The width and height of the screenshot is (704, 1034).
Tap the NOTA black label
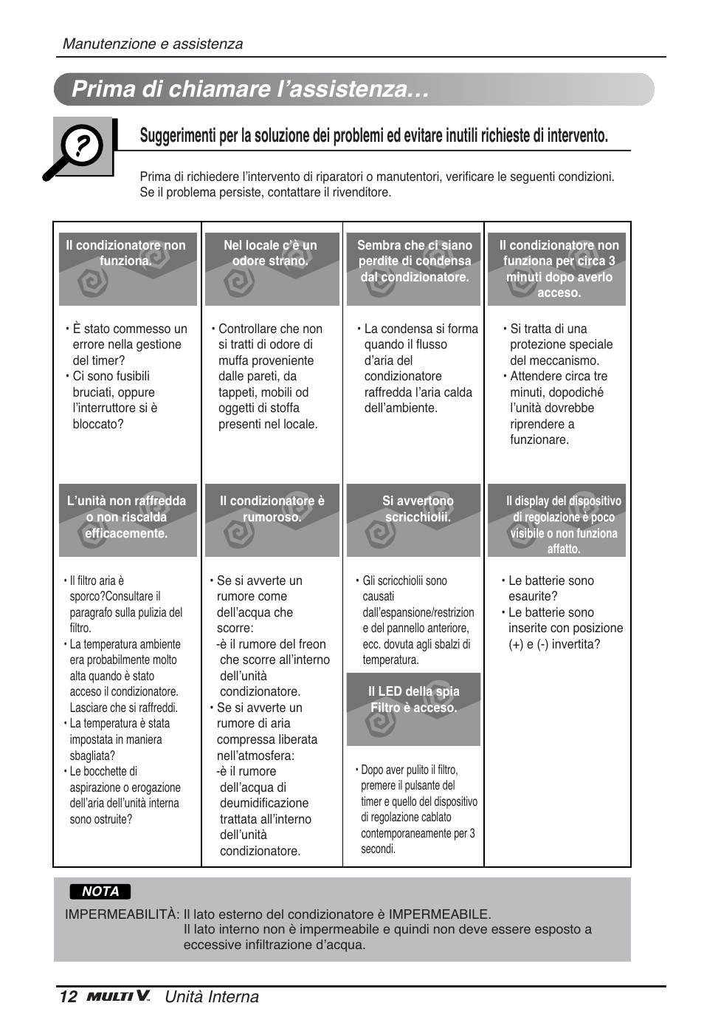[x=100, y=891]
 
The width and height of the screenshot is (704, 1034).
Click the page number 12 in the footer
[x=68, y=997]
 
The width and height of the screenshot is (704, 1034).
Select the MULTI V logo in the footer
[x=118, y=997]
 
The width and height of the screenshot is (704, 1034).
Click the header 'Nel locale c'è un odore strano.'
[x=270, y=253]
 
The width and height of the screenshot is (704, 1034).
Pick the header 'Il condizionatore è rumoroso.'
[x=272, y=509]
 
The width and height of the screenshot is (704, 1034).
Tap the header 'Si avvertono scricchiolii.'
[x=418, y=509]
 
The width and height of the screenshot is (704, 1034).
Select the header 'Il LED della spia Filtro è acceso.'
[x=413, y=699]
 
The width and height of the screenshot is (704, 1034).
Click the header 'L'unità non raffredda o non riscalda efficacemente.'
[x=126, y=517]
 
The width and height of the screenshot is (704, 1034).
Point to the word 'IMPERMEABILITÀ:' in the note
[x=122, y=914]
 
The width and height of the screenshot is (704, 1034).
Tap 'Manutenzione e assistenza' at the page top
[x=153, y=44]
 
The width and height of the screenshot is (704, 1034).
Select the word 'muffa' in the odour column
[x=234, y=360]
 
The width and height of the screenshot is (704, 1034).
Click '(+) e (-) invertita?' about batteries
[x=554, y=644]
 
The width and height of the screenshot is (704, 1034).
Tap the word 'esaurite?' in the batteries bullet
[x=533, y=596]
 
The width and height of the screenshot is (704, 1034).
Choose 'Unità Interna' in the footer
[x=212, y=997]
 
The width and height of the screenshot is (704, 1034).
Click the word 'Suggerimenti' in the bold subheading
[x=176, y=135]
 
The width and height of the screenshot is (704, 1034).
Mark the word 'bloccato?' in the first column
[x=98, y=424]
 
